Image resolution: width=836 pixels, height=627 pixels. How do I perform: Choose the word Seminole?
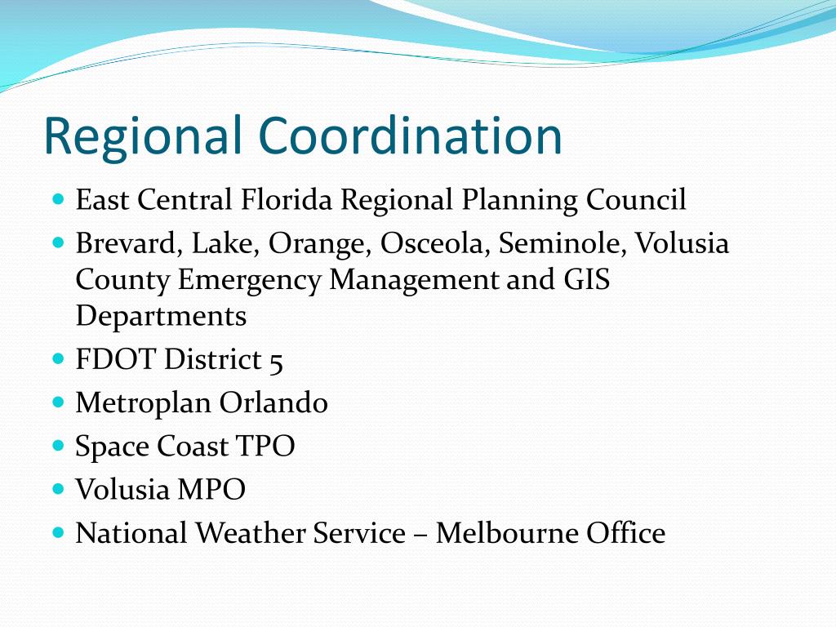pos(563,243)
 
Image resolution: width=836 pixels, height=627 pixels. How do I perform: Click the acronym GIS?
pos(585,279)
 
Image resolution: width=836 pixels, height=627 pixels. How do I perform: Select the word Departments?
pos(161,316)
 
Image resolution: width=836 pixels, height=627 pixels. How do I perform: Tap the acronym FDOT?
pos(115,360)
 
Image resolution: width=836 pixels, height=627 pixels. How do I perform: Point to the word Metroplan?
pos(144,403)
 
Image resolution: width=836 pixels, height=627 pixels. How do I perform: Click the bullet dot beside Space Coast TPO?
pos(57,445)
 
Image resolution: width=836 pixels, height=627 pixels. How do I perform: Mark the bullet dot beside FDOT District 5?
pos(57,358)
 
